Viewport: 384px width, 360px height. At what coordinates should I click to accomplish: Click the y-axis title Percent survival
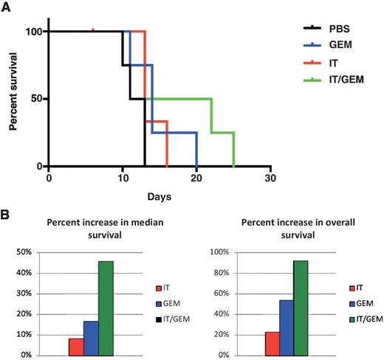point(14,97)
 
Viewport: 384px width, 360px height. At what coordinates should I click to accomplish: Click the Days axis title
point(160,199)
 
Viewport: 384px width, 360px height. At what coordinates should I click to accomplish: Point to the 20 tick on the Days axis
point(196,179)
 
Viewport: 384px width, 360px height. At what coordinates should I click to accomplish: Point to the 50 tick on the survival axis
point(35,99)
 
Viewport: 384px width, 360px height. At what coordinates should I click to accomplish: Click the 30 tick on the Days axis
point(270,179)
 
